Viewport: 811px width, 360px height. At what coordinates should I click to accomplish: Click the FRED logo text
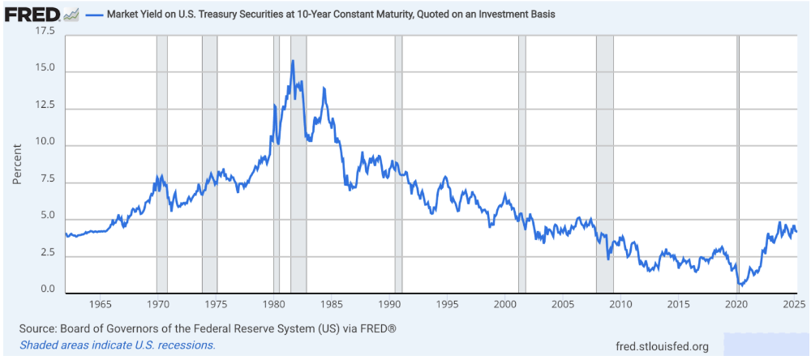[x=32, y=15]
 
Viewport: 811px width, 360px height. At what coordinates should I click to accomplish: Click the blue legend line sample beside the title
[x=94, y=15]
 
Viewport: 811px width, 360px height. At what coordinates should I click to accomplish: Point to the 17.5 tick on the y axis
[x=45, y=32]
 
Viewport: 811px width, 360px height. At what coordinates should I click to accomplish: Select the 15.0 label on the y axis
[x=45, y=70]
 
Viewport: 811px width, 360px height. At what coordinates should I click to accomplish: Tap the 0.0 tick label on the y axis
[x=48, y=290]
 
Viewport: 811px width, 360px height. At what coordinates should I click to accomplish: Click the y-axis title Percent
[x=17, y=163]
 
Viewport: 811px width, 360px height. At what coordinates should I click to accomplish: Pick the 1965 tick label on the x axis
[x=101, y=305]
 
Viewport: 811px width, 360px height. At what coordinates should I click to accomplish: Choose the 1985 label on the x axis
[x=332, y=305]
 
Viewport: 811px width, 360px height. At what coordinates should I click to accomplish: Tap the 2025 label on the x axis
[x=794, y=305]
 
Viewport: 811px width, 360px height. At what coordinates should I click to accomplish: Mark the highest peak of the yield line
[x=293, y=61]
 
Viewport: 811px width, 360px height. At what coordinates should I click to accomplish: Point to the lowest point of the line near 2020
[x=741, y=285]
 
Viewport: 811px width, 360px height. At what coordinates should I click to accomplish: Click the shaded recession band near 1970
[x=162, y=162]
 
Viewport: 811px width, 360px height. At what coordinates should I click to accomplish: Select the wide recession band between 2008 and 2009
[x=605, y=162]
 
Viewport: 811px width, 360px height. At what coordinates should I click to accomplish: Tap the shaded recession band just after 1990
[x=398, y=162]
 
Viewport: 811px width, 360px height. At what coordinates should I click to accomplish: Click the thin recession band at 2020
[x=738, y=162]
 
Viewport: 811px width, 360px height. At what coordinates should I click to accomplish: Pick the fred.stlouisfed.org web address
[x=662, y=346]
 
